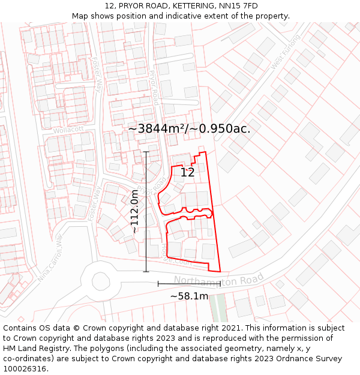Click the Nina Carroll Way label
tap(50, 258)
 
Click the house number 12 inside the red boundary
tap(187, 173)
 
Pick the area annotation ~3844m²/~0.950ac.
tap(189, 129)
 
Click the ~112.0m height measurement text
tap(136, 211)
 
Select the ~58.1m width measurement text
tap(189, 296)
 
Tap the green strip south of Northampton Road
tap(218, 306)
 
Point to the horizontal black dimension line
tap(189, 283)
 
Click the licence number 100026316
tap(25, 368)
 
